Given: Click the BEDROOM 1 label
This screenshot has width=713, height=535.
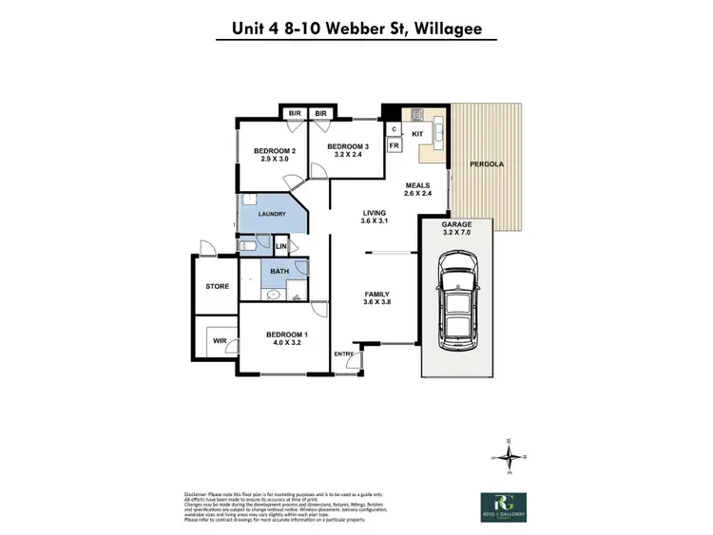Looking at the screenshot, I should click(286, 338).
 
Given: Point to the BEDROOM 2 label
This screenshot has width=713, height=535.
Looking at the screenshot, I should click(275, 155).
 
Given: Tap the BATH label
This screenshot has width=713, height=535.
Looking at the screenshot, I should click(279, 272).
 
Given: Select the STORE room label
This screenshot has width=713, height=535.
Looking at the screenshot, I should click(217, 285).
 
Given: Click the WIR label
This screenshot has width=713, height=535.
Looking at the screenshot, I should click(219, 339).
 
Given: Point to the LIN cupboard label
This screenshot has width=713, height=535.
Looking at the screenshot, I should click(280, 247).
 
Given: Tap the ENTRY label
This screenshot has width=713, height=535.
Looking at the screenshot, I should click(342, 354).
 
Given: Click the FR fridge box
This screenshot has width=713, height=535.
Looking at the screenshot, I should click(394, 145).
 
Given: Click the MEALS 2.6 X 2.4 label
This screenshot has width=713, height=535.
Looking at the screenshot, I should click(418, 189).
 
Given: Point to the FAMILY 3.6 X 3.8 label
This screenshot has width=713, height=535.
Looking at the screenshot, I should click(377, 299).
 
